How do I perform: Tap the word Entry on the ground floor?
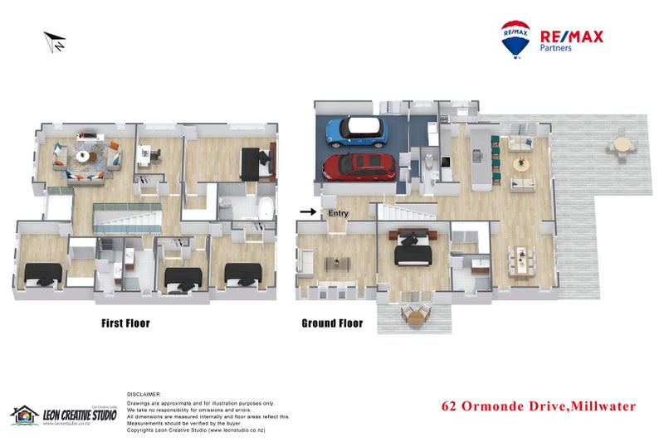point(338,213)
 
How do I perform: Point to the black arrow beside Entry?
point(308,212)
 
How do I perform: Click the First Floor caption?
point(125,323)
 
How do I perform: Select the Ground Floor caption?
point(332,323)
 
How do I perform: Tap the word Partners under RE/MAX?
point(556,48)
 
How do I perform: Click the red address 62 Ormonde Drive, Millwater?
point(539,406)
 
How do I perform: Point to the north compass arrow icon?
point(55,41)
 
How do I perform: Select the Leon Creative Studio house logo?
point(25,414)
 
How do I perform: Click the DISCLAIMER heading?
point(144,395)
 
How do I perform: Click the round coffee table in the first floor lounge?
point(84,156)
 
